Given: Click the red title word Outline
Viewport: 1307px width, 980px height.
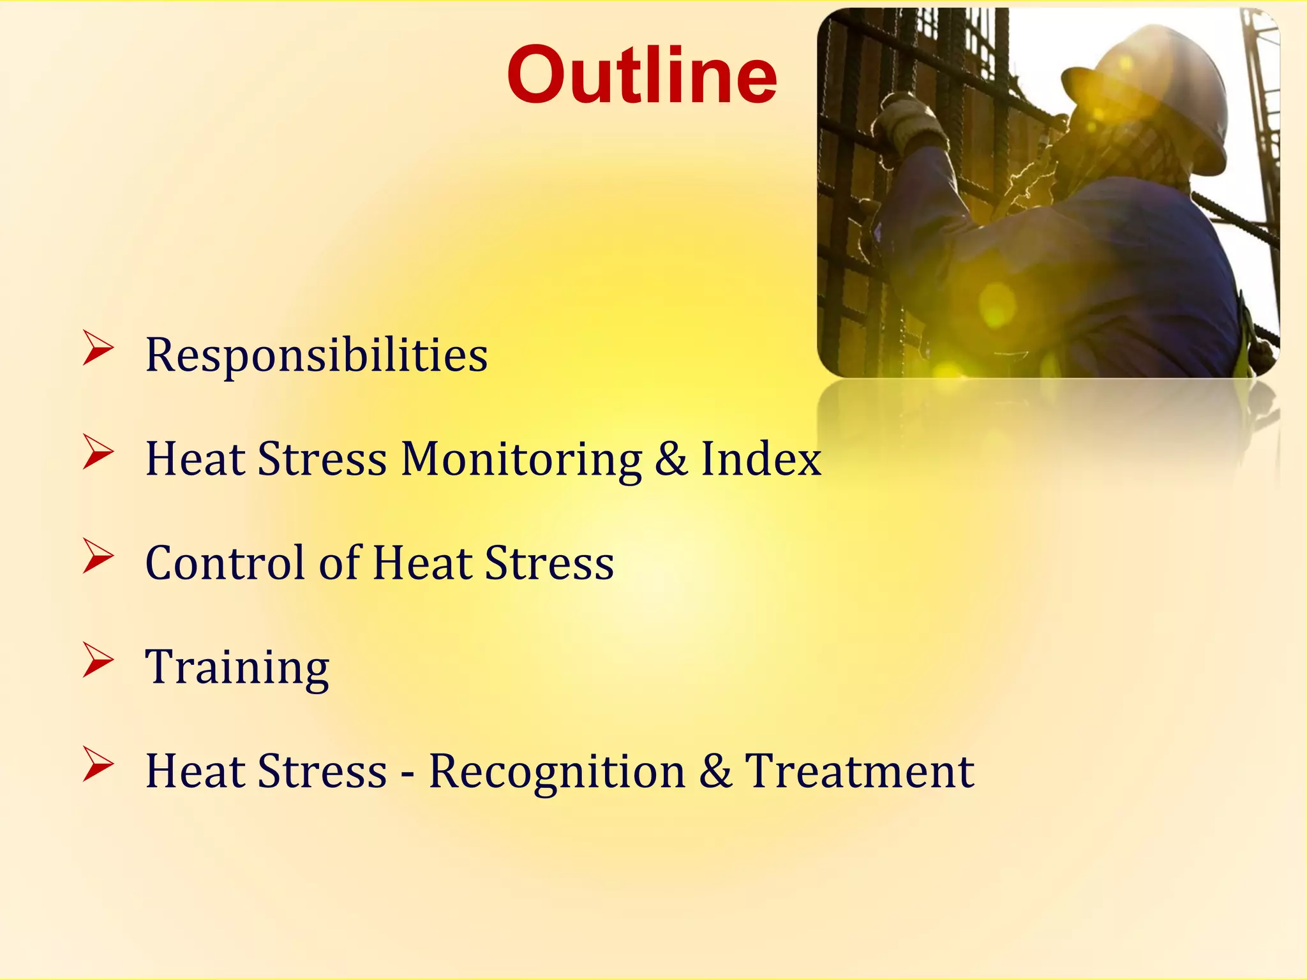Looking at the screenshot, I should click(x=642, y=75).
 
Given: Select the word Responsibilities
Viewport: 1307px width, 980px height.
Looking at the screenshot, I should click(x=317, y=355).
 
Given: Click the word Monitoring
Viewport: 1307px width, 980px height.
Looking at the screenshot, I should click(x=521, y=459).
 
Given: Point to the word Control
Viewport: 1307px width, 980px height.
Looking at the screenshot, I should click(x=226, y=563).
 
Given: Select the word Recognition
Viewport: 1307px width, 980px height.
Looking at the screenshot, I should click(x=556, y=771).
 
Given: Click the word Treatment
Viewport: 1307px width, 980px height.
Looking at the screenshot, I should click(x=859, y=771).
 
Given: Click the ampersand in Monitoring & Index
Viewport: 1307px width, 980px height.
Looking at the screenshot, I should click(x=671, y=459).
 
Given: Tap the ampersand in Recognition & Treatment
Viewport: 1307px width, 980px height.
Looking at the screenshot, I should click(x=715, y=771).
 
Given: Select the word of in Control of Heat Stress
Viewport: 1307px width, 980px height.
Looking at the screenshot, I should click(x=339, y=563).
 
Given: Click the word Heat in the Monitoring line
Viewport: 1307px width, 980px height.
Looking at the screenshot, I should click(x=195, y=459).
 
